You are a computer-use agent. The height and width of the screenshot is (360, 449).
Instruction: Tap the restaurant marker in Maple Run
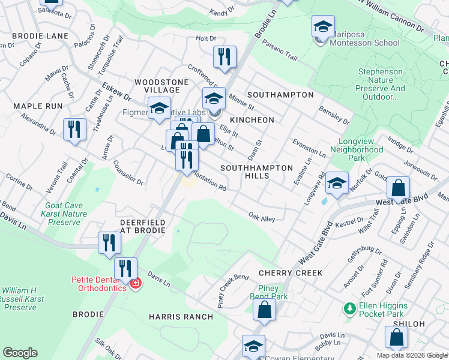click(x=74, y=130)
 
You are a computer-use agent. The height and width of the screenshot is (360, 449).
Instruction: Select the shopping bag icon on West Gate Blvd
click(x=399, y=188)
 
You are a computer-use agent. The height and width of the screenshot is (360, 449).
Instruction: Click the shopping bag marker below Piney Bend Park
click(x=264, y=310)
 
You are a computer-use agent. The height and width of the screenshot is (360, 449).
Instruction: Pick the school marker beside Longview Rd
click(x=337, y=183)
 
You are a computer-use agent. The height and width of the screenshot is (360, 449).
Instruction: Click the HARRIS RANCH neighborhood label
click(x=181, y=317)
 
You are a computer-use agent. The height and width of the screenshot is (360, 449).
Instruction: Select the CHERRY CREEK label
click(x=291, y=273)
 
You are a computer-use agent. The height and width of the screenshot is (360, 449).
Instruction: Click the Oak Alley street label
click(x=262, y=217)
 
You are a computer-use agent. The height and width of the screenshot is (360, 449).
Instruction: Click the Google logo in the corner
click(x=20, y=353)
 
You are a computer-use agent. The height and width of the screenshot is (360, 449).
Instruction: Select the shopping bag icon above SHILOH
click(x=397, y=338)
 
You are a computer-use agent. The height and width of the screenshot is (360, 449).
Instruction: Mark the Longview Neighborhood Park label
click(x=357, y=149)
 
